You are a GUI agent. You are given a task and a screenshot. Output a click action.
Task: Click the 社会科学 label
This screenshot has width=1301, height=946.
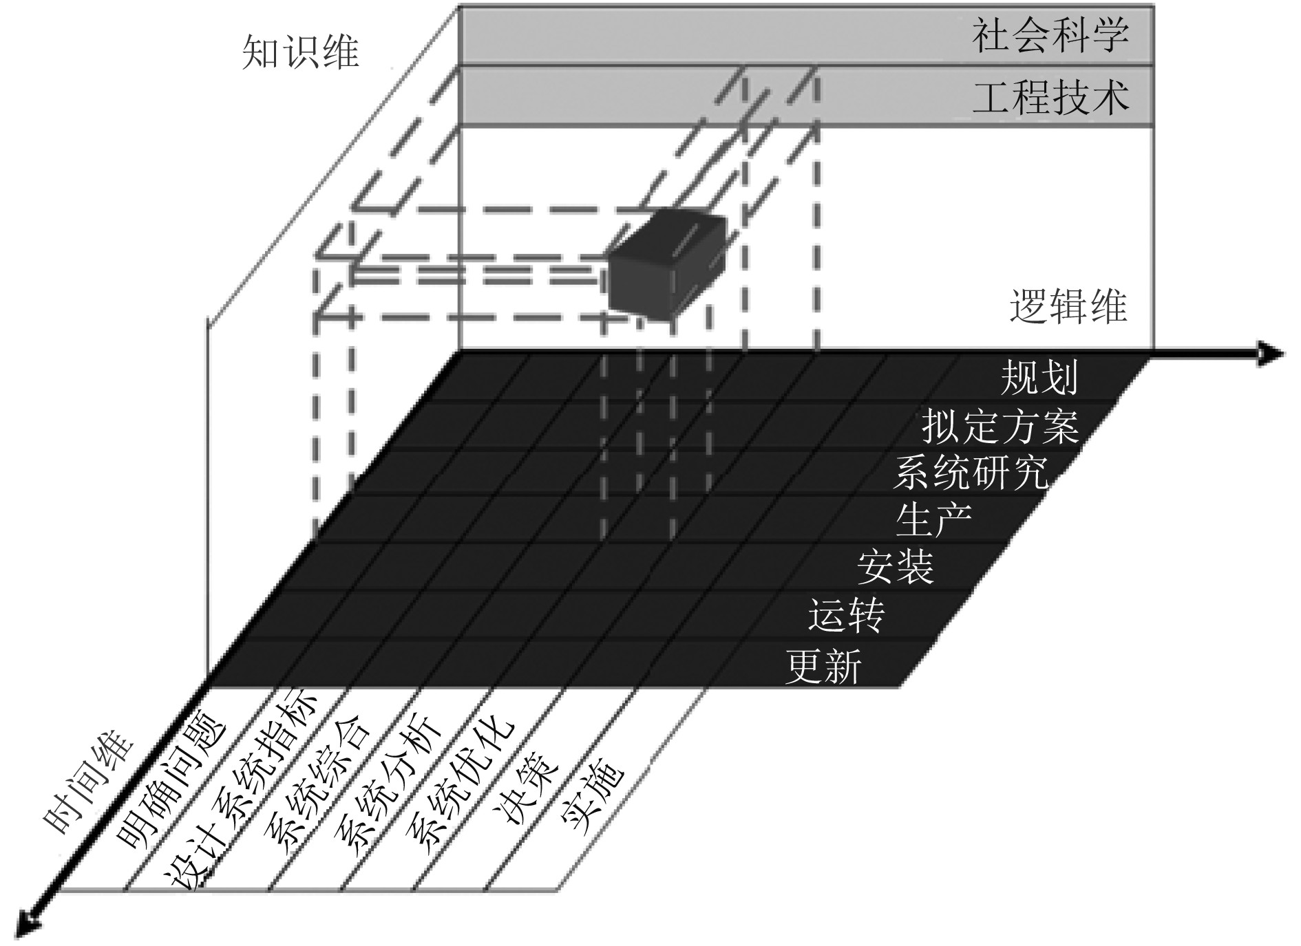click(1050, 36)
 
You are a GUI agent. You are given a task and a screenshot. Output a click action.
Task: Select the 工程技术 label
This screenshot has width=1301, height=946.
click(1050, 97)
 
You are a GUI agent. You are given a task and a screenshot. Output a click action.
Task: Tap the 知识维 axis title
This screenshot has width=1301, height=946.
click(300, 53)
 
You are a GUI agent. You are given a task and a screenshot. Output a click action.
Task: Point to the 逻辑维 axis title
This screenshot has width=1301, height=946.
click(1068, 306)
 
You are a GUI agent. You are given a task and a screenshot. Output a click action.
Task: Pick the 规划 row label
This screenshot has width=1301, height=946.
click(1039, 378)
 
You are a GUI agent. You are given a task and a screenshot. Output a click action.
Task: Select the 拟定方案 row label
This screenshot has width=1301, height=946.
click(999, 427)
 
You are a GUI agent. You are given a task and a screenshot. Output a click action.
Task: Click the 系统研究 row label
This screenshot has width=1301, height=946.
click(970, 473)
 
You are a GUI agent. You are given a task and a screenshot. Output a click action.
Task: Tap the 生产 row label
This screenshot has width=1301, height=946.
click(933, 519)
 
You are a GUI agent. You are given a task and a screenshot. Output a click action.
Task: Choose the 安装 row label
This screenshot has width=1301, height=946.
click(895, 567)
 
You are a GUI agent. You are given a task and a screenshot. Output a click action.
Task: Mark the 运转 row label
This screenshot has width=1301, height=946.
click(846, 615)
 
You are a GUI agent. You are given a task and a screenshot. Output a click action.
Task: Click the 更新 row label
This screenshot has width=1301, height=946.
click(823, 666)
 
